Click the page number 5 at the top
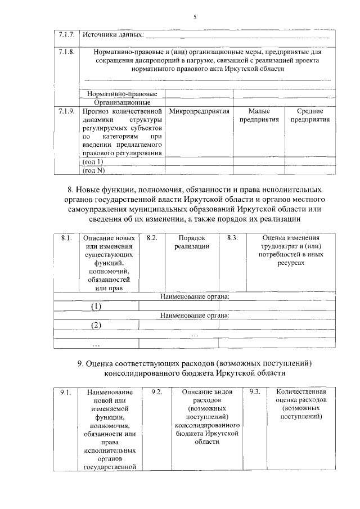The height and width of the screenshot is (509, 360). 194,17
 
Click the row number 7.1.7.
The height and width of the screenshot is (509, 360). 66,35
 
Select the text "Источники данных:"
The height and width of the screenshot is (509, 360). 112,36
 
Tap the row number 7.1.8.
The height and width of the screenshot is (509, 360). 66,52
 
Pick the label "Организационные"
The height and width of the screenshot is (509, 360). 121,102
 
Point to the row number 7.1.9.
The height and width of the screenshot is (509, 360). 66,111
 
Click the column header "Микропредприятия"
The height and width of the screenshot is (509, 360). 198,111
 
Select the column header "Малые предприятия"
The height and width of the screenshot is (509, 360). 259,116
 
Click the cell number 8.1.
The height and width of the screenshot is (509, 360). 66,238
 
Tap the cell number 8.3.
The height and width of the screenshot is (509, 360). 232,238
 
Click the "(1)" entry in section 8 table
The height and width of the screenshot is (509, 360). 96,307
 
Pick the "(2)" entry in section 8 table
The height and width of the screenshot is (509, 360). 96,326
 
